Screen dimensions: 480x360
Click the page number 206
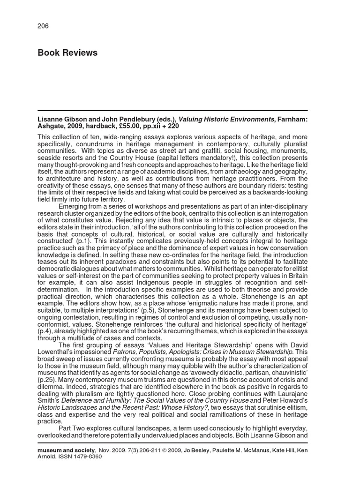[43, 26]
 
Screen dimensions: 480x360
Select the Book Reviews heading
[67, 53]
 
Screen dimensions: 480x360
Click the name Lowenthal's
[60, 352]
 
